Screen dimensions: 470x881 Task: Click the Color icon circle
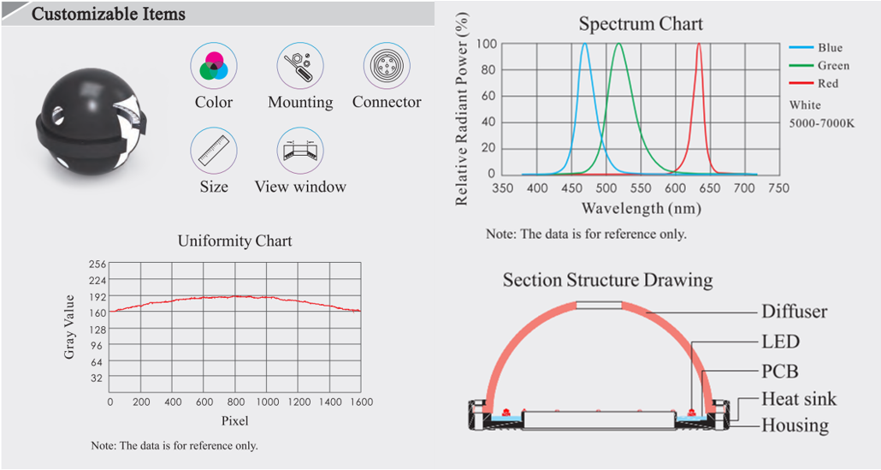click(x=213, y=66)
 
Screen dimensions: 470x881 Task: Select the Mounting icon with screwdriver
click(x=299, y=66)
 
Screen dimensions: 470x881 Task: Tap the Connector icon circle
click(x=387, y=66)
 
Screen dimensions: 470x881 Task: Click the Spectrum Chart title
click(x=641, y=23)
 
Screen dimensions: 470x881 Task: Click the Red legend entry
click(x=827, y=84)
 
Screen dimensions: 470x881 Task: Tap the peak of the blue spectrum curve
click(x=585, y=45)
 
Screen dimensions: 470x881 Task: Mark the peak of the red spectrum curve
click(x=699, y=45)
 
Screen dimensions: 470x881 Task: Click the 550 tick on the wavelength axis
click(x=640, y=188)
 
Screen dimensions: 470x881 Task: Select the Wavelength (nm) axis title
click(x=641, y=208)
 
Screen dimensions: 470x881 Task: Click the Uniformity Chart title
click(x=234, y=241)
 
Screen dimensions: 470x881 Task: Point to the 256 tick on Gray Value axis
click(x=97, y=265)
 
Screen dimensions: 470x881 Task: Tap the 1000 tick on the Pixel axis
click(x=266, y=402)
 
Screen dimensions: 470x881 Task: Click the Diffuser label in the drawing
click(x=794, y=312)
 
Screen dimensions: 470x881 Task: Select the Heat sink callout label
click(x=799, y=399)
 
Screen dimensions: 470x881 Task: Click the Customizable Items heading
click(x=108, y=15)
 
